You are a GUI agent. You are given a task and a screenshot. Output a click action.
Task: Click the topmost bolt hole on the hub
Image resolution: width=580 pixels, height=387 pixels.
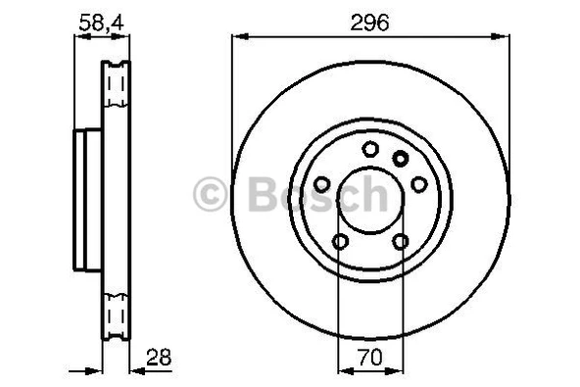click(x=369, y=149)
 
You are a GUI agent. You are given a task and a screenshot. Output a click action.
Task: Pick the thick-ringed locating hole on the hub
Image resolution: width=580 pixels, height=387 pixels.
click(x=400, y=158)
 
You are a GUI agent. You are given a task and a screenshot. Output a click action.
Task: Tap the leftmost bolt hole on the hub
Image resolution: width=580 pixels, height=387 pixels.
click(x=321, y=184)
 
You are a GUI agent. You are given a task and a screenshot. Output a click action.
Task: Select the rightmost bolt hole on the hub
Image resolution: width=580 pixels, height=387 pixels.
click(x=418, y=184)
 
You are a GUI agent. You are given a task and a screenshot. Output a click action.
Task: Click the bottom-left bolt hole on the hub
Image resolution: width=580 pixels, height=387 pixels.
click(x=340, y=242)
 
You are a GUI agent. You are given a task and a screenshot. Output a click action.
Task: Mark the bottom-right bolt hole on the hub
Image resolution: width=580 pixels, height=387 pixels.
click(x=400, y=242)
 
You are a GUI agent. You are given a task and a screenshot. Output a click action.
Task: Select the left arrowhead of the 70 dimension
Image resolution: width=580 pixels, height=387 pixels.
click(x=342, y=369)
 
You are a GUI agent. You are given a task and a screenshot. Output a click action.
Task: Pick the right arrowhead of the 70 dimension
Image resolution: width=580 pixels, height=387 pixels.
click(x=398, y=369)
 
